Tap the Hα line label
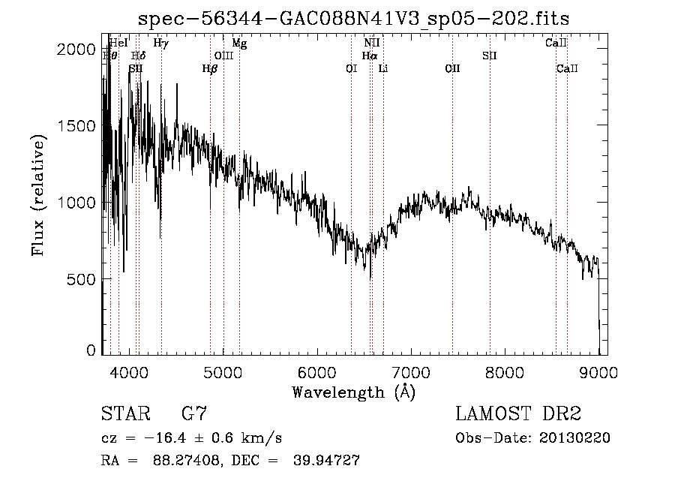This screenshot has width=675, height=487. [x=370, y=56]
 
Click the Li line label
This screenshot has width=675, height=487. [x=383, y=69]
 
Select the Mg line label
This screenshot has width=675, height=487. [x=239, y=44]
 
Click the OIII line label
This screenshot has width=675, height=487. [x=223, y=56]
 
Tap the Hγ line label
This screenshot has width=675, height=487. [x=160, y=44]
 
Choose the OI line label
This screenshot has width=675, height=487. [x=351, y=69]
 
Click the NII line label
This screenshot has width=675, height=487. [x=371, y=44]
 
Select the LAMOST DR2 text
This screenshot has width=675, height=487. [x=518, y=413]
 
